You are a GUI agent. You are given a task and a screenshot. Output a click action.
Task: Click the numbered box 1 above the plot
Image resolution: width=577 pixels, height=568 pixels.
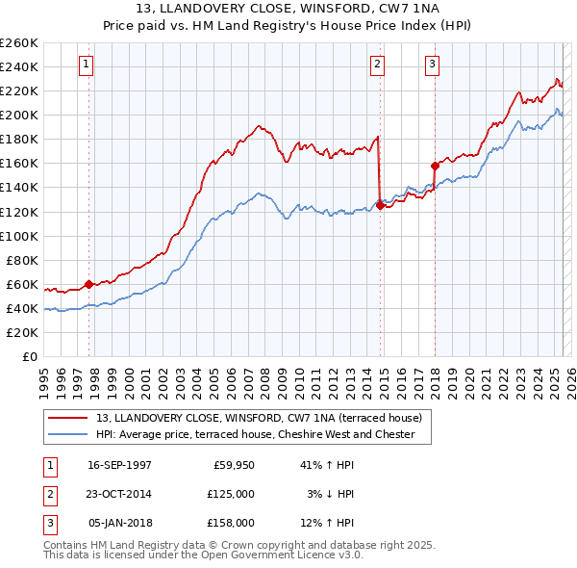pos(87,65)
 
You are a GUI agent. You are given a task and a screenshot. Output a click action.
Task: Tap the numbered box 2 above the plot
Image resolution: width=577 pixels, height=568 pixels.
pos(378,65)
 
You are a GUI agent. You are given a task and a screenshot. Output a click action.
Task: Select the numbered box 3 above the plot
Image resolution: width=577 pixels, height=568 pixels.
pos(433,65)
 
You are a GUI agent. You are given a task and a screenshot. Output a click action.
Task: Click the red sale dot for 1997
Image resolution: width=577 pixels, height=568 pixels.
pos(88,284)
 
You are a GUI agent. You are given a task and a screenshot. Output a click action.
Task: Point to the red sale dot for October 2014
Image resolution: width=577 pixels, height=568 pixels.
pos(381,205)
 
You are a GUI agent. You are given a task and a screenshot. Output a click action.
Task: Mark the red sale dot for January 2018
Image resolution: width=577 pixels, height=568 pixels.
pos(435,166)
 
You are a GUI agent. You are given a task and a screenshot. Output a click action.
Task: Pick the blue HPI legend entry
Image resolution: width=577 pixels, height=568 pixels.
pos(255,434)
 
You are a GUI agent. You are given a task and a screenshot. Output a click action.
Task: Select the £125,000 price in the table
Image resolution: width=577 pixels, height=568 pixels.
pos(231,494)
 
